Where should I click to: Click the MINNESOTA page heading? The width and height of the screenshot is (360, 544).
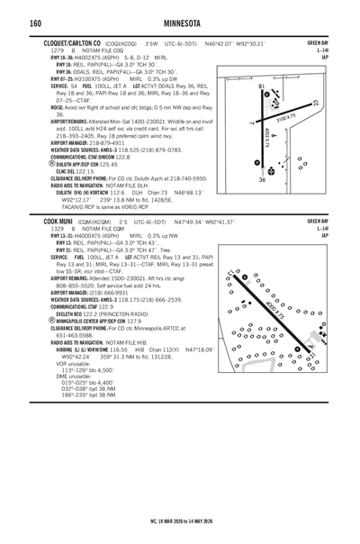[181, 22]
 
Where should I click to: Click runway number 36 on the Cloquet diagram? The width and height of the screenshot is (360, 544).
[262, 180]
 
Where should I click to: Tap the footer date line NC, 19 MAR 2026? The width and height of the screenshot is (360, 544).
[181, 520]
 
